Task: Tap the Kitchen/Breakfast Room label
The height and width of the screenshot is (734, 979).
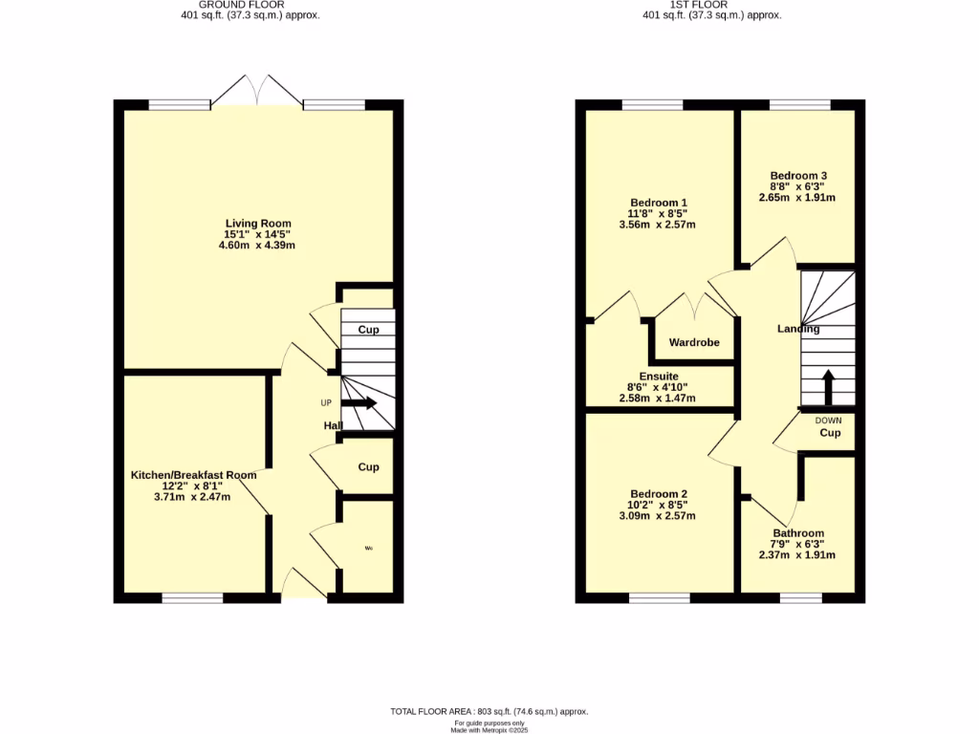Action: pyautogui.click(x=193, y=475)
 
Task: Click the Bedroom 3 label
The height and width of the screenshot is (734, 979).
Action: pyautogui.click(x=798, y=176)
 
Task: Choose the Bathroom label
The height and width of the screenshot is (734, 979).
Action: pyautogui.click(x=798, y=533)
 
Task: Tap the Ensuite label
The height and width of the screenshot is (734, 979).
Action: pyautogui.click(x=659, y=377)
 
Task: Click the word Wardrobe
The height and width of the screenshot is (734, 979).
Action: pyautogui.click(x=693, y=342)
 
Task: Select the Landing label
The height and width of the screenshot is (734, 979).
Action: pyautogui.click(x=798, y=329)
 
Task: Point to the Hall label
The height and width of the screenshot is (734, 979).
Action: pyautogui.click(x=333, y=426)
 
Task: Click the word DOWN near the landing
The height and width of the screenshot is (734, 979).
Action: pyautogui.click(x=828, y=420)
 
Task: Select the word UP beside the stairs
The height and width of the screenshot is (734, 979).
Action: pyautogui.click(x=326, y=402)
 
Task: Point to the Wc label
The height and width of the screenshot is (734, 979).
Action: pyautogui.click(x=368, y=549)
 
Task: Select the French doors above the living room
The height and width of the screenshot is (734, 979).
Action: pyautogui.click(x=256, y=89)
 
